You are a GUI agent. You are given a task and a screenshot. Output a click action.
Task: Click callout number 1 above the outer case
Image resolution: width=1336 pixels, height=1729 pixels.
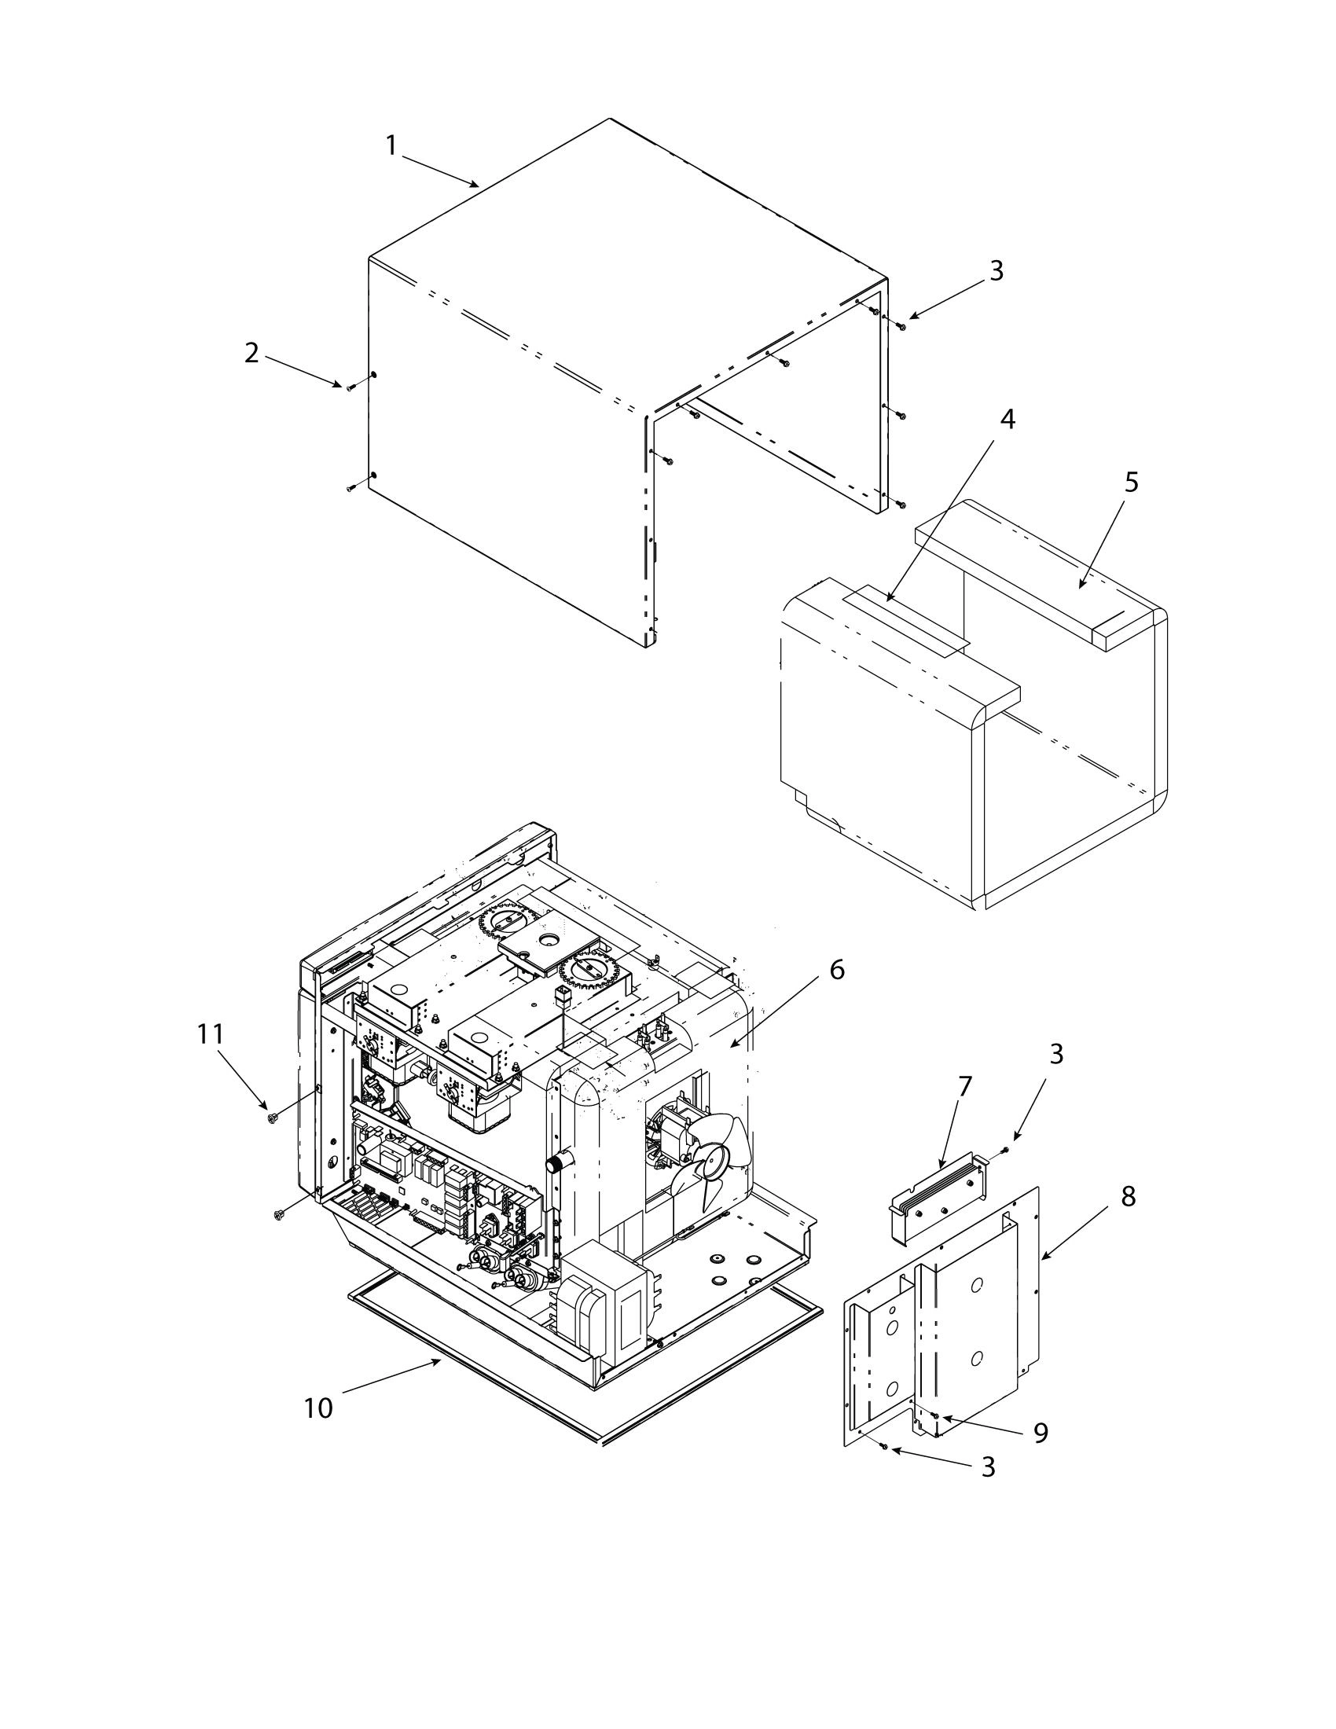tap(391, 145)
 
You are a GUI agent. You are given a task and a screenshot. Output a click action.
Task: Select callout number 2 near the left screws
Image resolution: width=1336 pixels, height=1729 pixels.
tap(251, 353)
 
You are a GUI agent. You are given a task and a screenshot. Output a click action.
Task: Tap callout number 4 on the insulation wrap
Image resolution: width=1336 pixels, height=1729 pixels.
tap(1007, 420)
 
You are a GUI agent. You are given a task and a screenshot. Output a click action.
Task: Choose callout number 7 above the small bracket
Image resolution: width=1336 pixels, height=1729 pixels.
tap(964, 1087)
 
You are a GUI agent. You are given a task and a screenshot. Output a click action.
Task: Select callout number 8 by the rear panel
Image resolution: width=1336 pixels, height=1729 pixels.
tap(1128, 1197)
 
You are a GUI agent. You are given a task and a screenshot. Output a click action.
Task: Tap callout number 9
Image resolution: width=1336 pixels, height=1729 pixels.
tap(1040, 1432)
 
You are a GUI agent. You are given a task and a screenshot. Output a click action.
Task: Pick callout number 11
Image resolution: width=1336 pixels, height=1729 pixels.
tap(211, 1034)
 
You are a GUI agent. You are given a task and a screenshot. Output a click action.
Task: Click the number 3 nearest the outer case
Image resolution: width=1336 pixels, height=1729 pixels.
tap(996, 271)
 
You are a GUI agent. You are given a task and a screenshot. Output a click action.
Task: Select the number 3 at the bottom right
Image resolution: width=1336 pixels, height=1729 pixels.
tap(988, 1467)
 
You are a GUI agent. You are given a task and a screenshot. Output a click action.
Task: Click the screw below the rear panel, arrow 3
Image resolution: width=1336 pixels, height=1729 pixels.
tap(885, 1447)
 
